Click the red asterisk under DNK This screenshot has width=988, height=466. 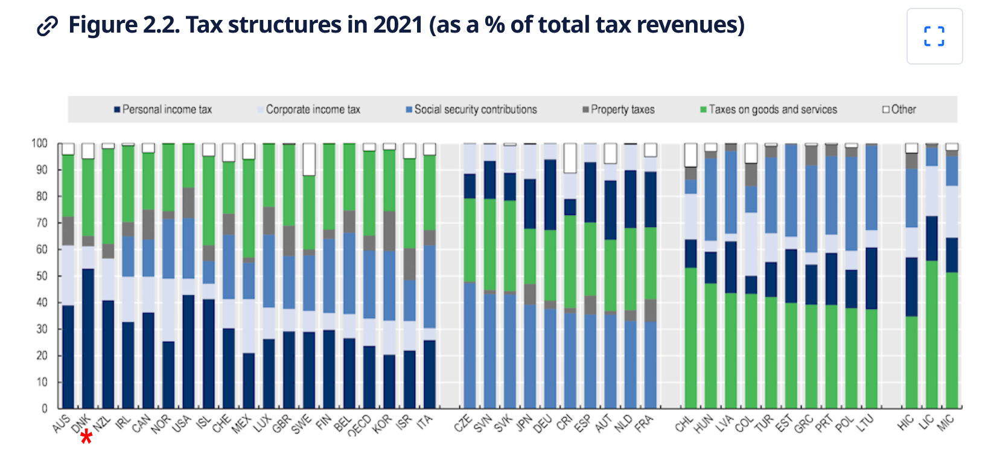pos(86,437)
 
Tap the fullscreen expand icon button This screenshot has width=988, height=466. pos(934,36)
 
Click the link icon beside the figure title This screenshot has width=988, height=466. pos(47,27)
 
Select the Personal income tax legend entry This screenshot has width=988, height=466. pos(163,109)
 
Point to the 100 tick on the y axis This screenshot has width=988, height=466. pos(39,143)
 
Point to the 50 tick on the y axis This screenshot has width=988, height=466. pos(42,276)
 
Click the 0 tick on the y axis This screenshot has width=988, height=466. pos(44,409)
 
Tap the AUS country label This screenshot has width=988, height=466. pos(62,424)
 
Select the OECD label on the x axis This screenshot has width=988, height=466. pos(360,426)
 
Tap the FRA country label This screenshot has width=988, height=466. pos(644,424)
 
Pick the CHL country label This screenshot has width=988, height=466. pos(684,424)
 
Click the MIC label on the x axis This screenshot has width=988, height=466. pos(946,424)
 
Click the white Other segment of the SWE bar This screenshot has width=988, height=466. pos(309,159)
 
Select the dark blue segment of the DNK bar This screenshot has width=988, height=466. pos(88,338)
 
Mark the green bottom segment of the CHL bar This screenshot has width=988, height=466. pos(690,338)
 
